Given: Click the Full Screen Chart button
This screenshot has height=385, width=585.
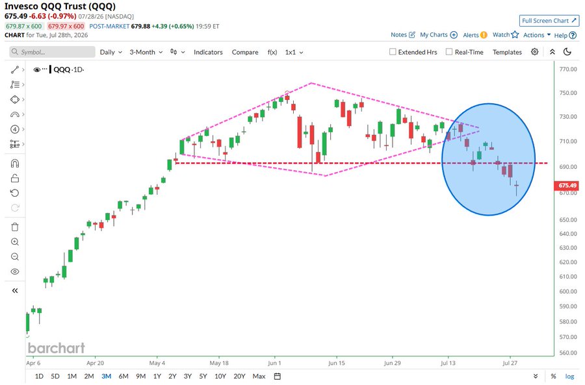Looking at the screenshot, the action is click(x=549, y=21).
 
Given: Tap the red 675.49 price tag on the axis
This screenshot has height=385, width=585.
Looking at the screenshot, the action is click(x=567, y=185).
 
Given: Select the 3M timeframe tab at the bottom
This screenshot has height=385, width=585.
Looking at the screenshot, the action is click(x=107, y=376).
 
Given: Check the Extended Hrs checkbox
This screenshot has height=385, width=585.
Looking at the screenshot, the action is click(x=393, y=52).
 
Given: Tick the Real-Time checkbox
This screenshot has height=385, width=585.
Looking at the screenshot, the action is click(x=449, y=52).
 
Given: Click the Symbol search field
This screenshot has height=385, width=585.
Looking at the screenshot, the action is click(x=52, y=52).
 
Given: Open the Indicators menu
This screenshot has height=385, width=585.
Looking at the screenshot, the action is click(x=208, y=52).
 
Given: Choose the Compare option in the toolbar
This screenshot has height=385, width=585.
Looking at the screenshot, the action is click(x=245, y=52).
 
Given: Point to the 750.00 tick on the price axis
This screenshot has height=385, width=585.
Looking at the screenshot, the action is click(x=568, y=93).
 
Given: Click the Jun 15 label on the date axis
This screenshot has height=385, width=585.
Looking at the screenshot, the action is click(x=337, y=363).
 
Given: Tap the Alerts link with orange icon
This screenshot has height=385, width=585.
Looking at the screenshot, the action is click(x=475, y=35).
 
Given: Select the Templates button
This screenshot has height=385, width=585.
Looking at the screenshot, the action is click(x=507, y=52).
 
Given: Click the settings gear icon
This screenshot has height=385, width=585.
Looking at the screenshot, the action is click(x=535, y=52).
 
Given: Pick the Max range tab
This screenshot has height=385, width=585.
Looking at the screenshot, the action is click(x=259, y=376).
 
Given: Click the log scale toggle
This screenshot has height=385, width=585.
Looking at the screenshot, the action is click(x=569, y=376).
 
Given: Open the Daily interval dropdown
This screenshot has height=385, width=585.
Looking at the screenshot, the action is click(x=110, y=52).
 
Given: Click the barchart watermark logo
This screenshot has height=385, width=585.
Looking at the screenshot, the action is click(x=57, y=348).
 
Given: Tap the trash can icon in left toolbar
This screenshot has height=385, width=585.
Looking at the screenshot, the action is click(x=15, y=227).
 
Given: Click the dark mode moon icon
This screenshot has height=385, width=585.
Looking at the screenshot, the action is click(x=567, y=52).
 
